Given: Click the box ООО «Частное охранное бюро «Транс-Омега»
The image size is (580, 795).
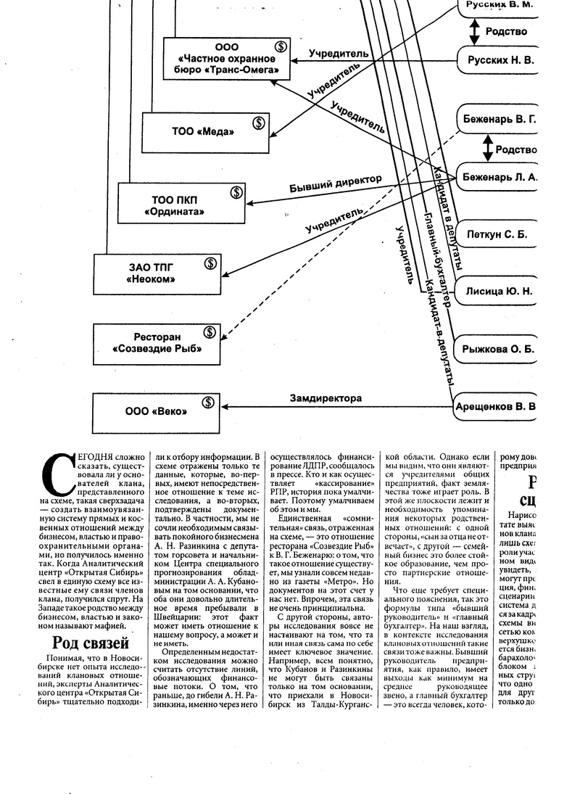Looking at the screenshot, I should tap(228, 58).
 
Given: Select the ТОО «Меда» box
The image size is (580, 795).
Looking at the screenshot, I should tap(204, 132).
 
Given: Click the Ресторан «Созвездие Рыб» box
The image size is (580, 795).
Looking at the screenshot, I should tap(157, 343).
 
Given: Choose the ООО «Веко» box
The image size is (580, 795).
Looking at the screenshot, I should tap(156, 411).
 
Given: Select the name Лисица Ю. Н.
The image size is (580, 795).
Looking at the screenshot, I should tap(498, 291).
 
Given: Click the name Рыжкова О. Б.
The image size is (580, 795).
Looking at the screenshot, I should tap(498, 349).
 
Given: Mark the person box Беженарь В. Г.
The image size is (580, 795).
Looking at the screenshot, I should tap(499, 118).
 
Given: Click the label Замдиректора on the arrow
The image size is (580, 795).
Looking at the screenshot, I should tap(326, 398).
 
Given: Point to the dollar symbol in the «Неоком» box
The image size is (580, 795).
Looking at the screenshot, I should tap(210, 263).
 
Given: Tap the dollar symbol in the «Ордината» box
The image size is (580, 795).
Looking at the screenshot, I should tap(236, 193).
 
